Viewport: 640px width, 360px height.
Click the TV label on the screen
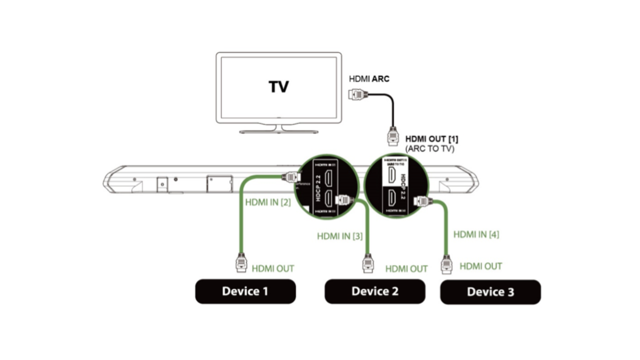click(x=278, y=87)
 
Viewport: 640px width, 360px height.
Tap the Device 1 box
click(x=245, y=291)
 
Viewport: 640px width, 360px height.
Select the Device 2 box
click(x=375, y=291)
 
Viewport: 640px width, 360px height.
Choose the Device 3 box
click(x=490, y=292)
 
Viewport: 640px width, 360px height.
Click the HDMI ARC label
click(x=369, y=79)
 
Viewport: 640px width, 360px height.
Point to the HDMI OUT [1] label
click(x=432, y=139)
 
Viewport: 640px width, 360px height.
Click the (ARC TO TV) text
click(x=430, y=149)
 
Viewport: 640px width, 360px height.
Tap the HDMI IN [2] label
click(x=268, y=202)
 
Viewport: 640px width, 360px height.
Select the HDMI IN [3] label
click(x=340, y=236)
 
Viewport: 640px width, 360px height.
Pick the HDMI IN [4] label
click(x=476, y=234)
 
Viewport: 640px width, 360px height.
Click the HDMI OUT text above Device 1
click(x=273, y=269)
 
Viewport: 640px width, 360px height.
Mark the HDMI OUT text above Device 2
click(x=406, y=269)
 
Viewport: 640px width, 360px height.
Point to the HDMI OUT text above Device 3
click(x=480, y=266)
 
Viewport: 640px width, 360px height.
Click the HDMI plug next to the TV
click(x=358, y=95)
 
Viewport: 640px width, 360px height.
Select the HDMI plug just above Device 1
click(x=241, y=263)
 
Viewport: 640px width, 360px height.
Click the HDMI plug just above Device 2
click(x=368, y=264)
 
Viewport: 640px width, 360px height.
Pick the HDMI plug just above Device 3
click(x=446, y=264)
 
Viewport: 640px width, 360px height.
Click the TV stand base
click(x=278, y=131)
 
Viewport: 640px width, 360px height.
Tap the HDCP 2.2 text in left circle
click(x=318, y=188)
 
